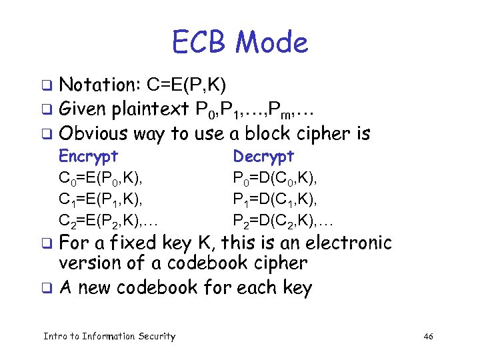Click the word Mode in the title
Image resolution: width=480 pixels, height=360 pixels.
(x=273, y=43)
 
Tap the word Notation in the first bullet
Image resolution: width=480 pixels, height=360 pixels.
(x=97, y=85)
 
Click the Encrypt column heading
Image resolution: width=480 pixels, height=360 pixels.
(x=89, y=156)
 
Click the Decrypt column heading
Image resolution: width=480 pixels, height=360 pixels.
(x=263, y=156)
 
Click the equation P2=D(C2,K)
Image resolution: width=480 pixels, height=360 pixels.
(x=283, y=221)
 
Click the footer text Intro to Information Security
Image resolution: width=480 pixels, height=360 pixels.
(x=109, y=336)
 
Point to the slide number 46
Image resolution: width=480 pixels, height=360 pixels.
(x=428, y=336)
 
